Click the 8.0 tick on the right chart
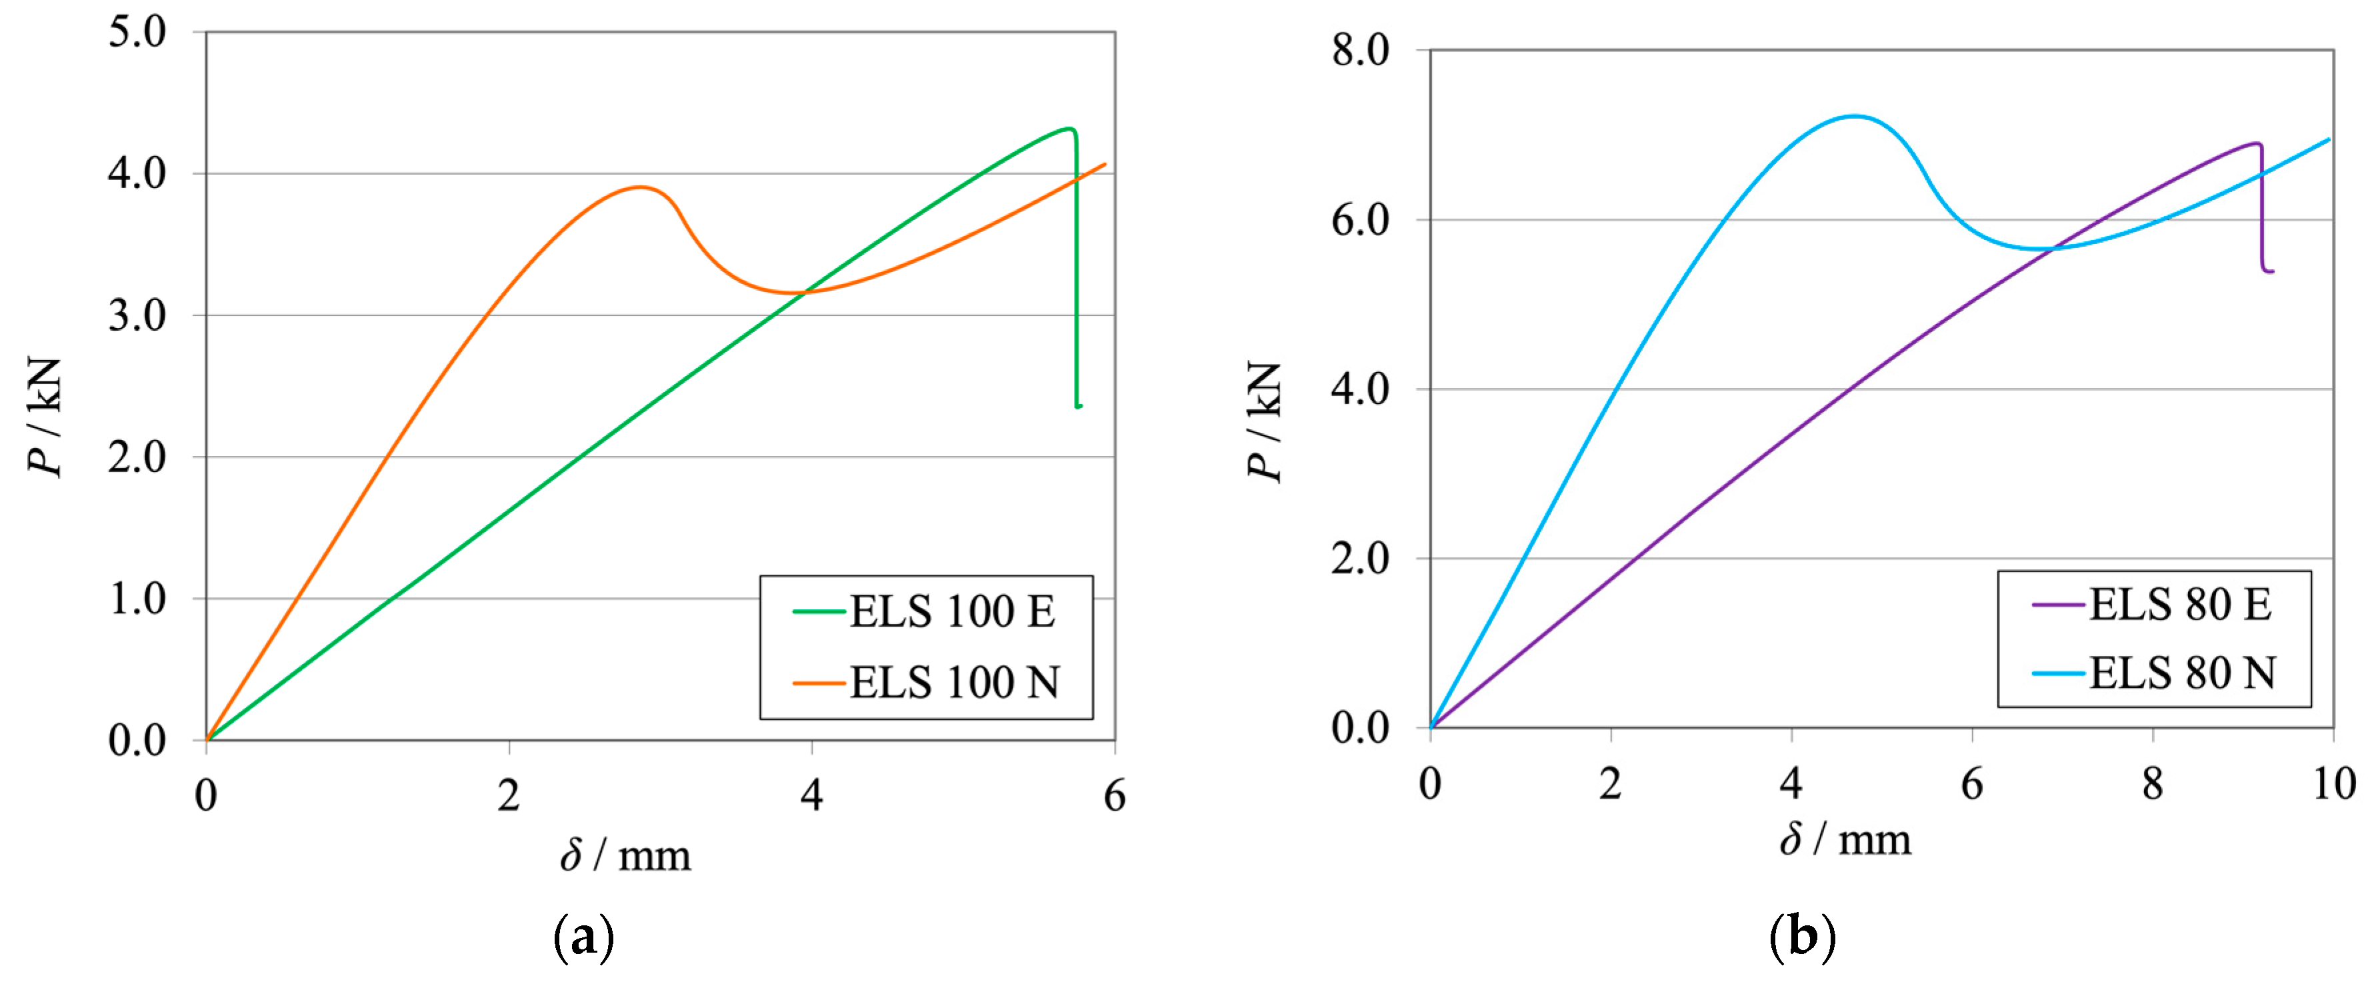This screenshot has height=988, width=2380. [x=1360, y=51]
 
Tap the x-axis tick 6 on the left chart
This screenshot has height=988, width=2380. [x=1114, y=796]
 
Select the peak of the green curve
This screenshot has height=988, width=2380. [x=1068, y=129]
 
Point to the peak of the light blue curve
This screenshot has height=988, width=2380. [x=1853, y=117]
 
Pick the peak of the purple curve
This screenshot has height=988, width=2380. [x=2255, y=143]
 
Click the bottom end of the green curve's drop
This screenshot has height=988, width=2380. [x=1078, y=406]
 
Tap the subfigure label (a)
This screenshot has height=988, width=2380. [x=583, y=938]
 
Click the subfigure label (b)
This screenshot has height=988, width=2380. [x=1801, y=938]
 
